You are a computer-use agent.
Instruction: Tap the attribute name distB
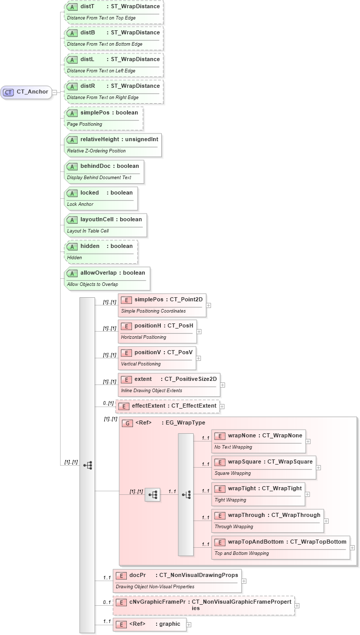click(88, 32)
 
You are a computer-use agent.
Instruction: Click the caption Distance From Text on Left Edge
click(101, 71)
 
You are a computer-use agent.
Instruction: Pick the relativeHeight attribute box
click(113, 145)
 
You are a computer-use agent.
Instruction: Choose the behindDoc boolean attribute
click(104, 172)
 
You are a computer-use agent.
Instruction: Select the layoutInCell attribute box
click(105, 225)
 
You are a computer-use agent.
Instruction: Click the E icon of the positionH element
click(126, 326)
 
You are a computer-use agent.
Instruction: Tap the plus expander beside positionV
click(198, 358)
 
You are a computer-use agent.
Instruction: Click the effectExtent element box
click(168, 406)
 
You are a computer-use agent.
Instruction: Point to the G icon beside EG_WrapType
click(127, 424)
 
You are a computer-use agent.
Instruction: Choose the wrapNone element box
click(258, 441)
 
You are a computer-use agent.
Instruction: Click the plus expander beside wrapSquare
click(318, 468)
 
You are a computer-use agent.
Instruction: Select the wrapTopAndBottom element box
click(281, 547)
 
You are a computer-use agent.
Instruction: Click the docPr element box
click(177, 581)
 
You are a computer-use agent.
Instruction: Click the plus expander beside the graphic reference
click(189, 625)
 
